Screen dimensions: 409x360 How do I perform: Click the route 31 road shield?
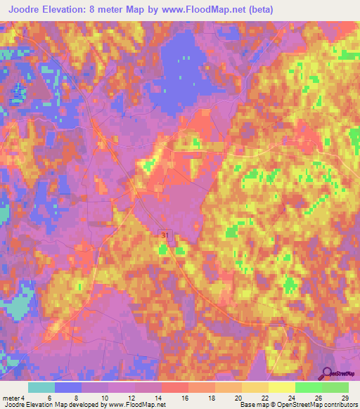pyautogui.click(x=164, y=235)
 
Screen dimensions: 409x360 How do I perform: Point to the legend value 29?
pyautogui.click(x=345, y=397)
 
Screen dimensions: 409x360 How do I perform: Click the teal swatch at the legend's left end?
pyautogui.click(x=41, y=387)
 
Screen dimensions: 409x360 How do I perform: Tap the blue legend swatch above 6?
pyautogui.click(x=68, y=387)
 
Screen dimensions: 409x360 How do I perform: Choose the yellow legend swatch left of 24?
pyautogui.click(x=281, y=387)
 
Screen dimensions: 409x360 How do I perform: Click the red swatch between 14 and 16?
pyautogui.click(x=174, y=387)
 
